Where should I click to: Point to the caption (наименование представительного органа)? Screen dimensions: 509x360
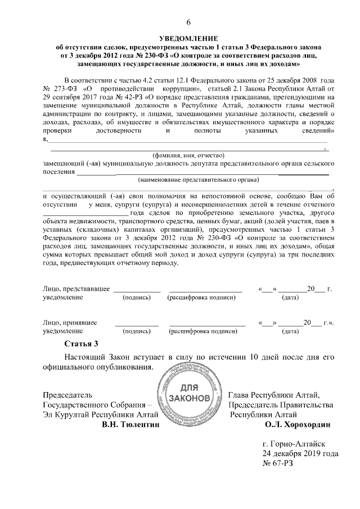pos(198,180)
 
